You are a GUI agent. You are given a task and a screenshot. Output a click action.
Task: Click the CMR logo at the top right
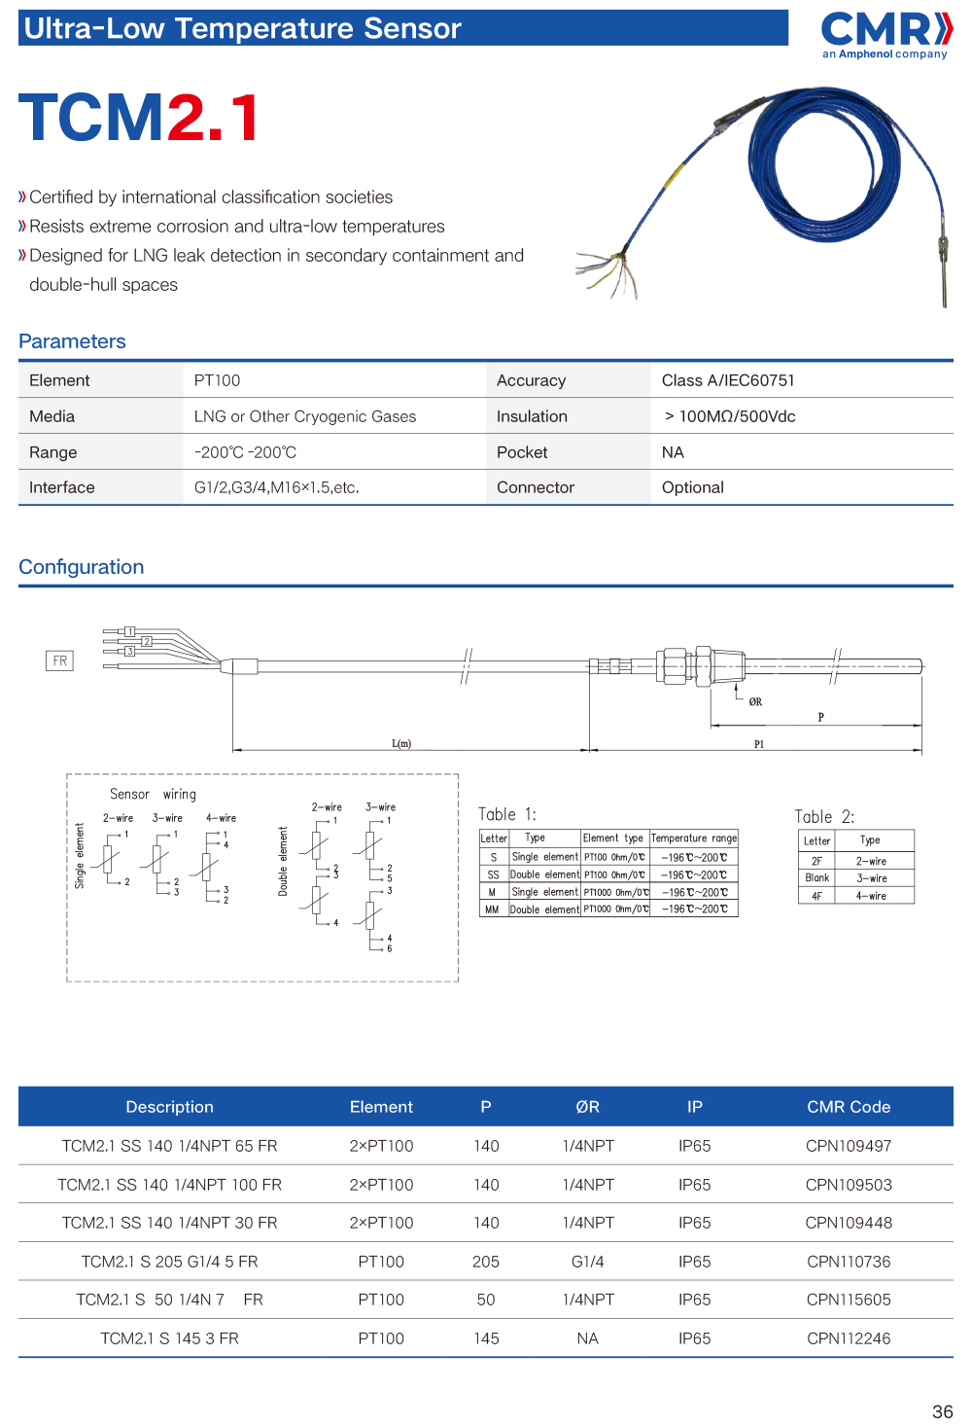point(885,34)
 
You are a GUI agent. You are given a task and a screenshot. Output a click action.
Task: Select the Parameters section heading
point(72,341)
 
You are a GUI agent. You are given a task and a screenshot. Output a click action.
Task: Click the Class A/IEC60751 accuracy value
point(728,380)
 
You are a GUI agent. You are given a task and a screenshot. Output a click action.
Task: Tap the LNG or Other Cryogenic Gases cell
point(304,416)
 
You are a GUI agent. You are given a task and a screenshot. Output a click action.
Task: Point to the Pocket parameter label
point(522,452)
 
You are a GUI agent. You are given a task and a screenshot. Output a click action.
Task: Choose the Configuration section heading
point(81,567)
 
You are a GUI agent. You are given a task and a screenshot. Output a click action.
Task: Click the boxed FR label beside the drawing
point(60,661)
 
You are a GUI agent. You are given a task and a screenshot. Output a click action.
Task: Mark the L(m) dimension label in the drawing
point(401,744)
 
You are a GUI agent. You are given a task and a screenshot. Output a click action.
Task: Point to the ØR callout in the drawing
point(755,701)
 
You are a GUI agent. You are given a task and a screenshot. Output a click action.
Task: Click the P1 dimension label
point(759,744)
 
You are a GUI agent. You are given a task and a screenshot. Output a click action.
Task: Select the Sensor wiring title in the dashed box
point(153,795)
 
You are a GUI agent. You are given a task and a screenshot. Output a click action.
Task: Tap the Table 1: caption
point(506,815)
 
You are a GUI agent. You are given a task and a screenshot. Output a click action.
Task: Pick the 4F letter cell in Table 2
point(816,896)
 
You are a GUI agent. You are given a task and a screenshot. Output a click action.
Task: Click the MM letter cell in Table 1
point(492,909)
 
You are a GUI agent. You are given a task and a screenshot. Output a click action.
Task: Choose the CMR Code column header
point(849,1107)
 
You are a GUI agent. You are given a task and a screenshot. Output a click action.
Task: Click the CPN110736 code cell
point(849,1262)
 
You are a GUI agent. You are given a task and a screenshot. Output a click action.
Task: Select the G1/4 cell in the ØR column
point(588,1262)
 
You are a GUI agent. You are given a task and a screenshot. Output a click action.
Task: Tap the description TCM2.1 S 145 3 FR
point(169,1338)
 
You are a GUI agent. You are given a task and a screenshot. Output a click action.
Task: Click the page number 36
point(942,1412)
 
